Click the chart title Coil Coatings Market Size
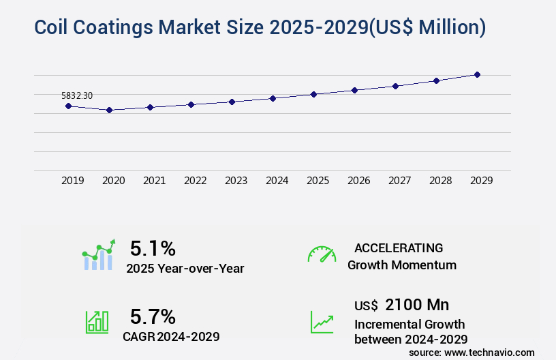click(260, 27)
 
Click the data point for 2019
click(68, 106)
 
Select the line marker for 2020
click(109, 110)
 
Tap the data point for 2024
click(273, 98)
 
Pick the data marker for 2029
click(477, 74)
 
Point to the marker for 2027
click(395, 86)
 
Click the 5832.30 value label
click(76, 96)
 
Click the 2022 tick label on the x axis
click(195, 181)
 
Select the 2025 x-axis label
click(318, 181)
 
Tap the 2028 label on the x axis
click(440, 181)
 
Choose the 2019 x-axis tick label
click(72, 181)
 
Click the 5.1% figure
click(153, 247)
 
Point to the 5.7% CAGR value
click(153, 316)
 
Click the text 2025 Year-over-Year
click(185, 269)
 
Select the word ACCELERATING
click(399, 247)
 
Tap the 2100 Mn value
click(417, 304)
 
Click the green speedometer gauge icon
click(322, 254)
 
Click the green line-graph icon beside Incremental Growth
click(322, 321)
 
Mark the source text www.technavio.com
click(491, 352)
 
